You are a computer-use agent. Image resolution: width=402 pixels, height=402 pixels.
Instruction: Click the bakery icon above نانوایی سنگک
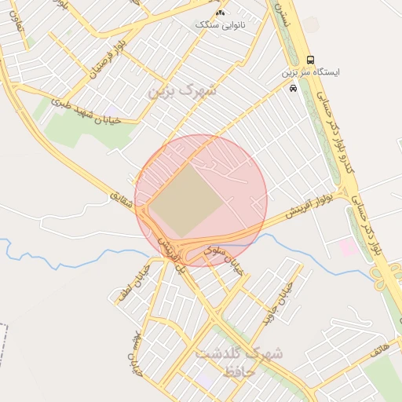pyautogui.click(x=220, y=13)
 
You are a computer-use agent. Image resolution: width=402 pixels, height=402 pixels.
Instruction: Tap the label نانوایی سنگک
pyautogui.click(x=219, y=25)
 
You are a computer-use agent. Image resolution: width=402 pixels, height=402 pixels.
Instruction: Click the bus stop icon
pyautogui.click(x=311, y=60)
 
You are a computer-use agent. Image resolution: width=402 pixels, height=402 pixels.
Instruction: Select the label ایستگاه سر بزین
pyautogui.click(x=312, y=72)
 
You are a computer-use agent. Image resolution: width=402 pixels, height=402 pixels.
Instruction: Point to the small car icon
pyautogui.click(x=293, y=89)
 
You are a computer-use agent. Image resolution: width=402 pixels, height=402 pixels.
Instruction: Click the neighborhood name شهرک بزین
pyautogui.click(x=181, y=90)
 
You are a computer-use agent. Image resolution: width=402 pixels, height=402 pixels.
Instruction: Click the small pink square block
pyautogui.click(x=347, y=247)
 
